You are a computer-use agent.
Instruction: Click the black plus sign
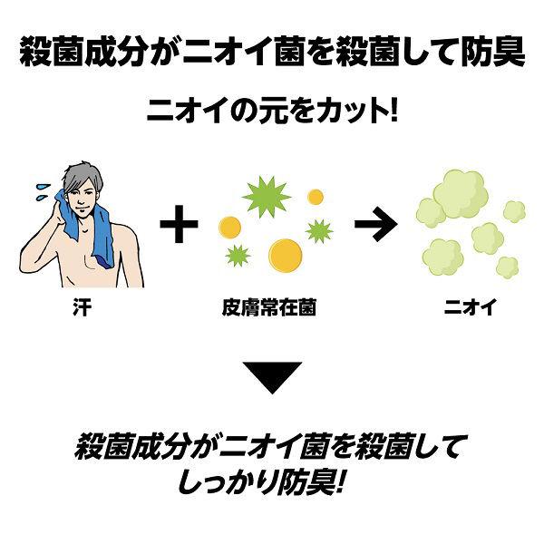(179, 224)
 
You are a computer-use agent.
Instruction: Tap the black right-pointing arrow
(375, 224)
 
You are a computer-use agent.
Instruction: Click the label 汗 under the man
(83, 307)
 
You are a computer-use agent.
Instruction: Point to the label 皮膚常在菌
(269, 307)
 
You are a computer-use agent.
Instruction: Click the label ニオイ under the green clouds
(470, 307)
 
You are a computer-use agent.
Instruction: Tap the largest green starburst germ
(267, 197)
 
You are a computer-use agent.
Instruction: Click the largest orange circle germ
(286, 256)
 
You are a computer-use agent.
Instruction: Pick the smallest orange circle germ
(316, 197)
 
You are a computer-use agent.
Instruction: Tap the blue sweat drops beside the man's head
(44, 192)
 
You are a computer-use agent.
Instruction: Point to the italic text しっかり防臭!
(262, 482)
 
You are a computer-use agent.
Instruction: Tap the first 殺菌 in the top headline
(52, 52)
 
